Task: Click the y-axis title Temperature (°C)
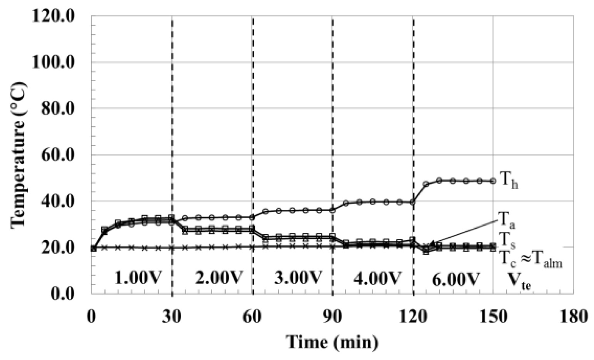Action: click(18, 155)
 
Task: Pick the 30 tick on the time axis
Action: click(172, 317)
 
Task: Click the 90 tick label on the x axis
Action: click(332, 317)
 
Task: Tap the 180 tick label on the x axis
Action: click(573, 317)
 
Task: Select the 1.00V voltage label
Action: click(137, 278)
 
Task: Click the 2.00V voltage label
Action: click(219, 278)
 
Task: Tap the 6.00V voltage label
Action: click(456, 279)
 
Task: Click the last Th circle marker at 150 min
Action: click(493, 181)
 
